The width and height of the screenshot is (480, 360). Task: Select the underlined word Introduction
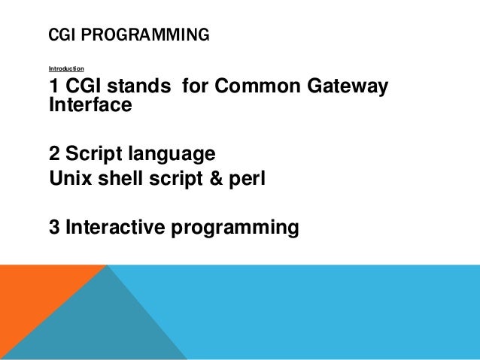point(66,68)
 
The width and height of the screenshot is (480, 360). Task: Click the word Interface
point(90,106)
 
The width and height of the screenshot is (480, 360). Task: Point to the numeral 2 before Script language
point(54,154)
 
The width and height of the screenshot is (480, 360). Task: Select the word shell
point(118,180)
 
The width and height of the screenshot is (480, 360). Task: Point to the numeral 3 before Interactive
point(54,226)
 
